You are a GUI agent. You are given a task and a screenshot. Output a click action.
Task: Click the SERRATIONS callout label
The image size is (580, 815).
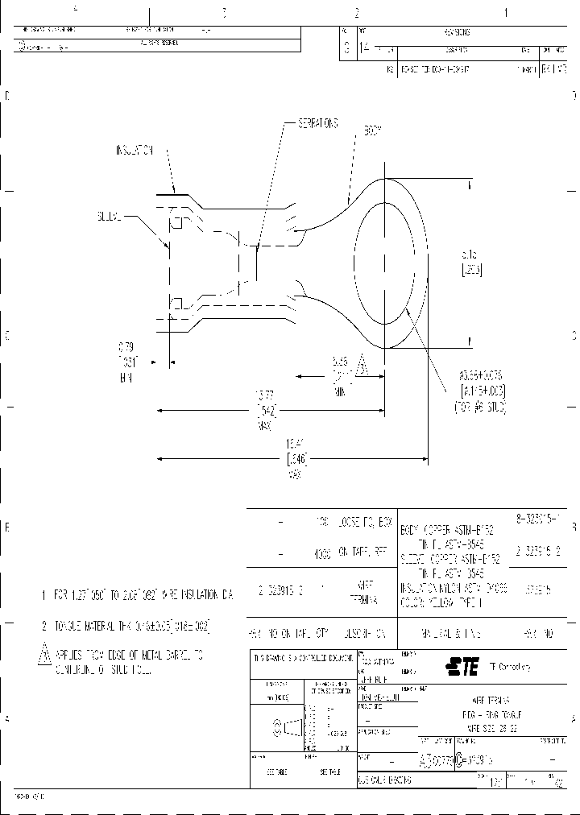coord(318,123)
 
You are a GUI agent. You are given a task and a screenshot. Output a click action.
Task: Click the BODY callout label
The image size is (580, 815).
coord(372,129)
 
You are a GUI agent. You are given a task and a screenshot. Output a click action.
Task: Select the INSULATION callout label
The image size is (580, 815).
coord(135,150)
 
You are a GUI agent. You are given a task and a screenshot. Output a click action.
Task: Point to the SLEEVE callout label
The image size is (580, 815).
coord(108,216)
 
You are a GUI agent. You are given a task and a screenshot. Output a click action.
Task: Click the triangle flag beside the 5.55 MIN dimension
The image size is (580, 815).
coord(362,366)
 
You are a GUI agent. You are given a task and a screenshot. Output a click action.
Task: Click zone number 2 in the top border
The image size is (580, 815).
coord(355,13)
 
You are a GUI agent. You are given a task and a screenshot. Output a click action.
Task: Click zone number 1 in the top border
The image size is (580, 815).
coord(505,13)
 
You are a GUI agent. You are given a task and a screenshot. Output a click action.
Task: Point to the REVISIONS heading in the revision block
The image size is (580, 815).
coord(456,33)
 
